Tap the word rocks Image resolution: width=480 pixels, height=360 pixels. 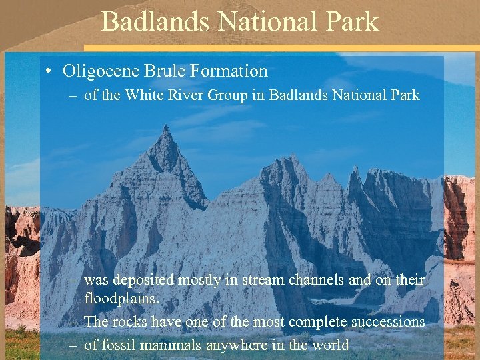(131, 321)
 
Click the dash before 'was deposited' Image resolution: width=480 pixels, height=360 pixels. (74, 281)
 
